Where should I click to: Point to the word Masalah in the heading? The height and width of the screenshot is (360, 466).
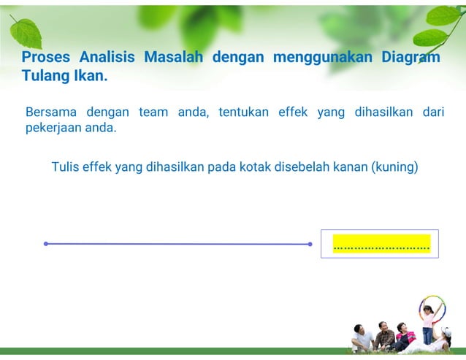click(174, 58)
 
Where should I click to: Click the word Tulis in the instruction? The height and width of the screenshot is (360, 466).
click(65, 166)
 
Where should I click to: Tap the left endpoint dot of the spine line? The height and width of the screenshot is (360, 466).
click(45, 244)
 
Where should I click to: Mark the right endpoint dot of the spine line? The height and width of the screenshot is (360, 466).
click(310, 244)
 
